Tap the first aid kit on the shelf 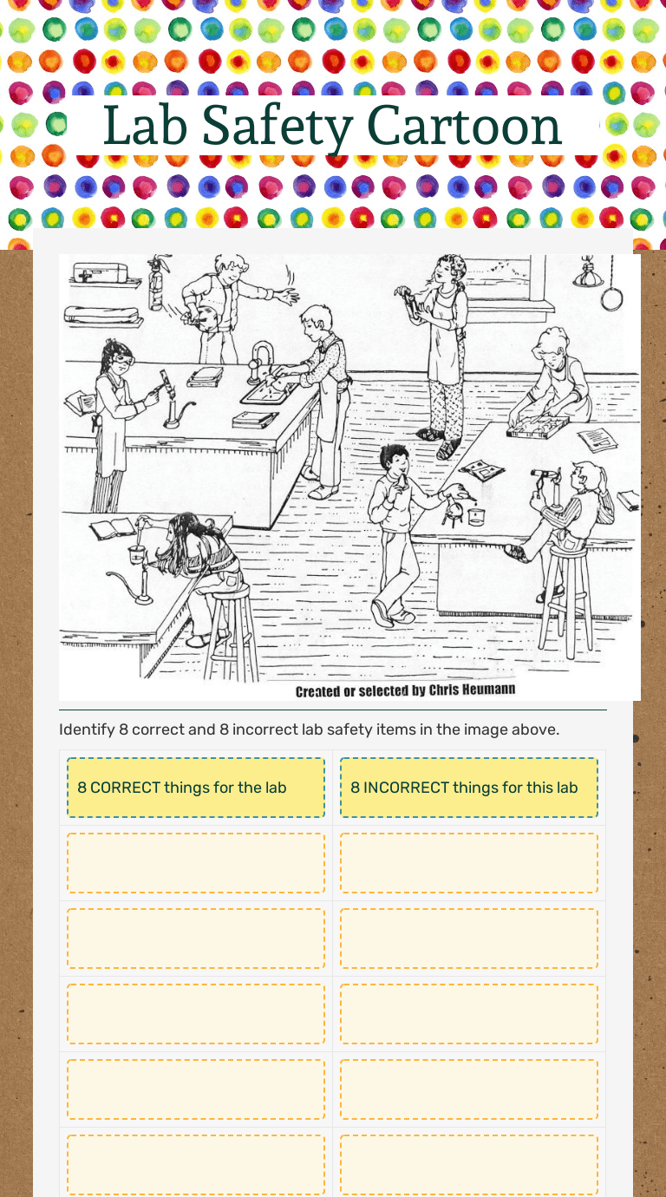[x=101, y=272]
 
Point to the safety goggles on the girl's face [x=122, y=360]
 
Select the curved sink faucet [x=259, y=361]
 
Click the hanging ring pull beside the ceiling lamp [x=611, y=298]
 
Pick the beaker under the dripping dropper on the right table [x=476, y=516]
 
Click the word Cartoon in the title [x=464, y=126]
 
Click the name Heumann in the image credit [x=488, y=690]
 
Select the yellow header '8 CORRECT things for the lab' [x=196, y=787]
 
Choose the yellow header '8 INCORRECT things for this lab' [x=469, y=787]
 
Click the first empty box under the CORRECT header [x=196, y=862]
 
